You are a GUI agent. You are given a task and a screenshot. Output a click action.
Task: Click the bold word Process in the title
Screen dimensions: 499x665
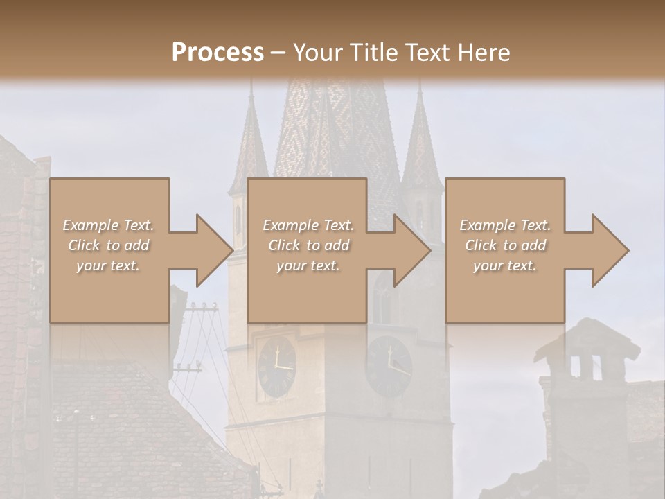[218, 52]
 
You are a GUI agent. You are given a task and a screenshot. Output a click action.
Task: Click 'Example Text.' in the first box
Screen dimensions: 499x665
[109, 225]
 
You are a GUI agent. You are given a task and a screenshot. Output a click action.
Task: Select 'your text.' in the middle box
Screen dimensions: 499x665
[308, 265]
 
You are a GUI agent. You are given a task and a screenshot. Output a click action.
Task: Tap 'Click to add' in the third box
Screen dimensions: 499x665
[505, 245]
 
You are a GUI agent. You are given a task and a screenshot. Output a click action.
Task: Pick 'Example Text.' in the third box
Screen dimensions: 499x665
[505, 225]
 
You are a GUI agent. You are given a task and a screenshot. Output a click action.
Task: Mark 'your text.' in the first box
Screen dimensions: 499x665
[109, 265]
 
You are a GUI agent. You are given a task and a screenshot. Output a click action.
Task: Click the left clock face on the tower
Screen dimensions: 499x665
[276, 367]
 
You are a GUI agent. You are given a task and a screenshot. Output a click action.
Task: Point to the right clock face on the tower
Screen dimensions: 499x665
[389, 367]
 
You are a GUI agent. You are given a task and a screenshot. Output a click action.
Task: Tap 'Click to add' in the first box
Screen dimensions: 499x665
[109, 245]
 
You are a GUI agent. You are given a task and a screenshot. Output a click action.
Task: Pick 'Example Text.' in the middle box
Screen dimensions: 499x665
[308, 225]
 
